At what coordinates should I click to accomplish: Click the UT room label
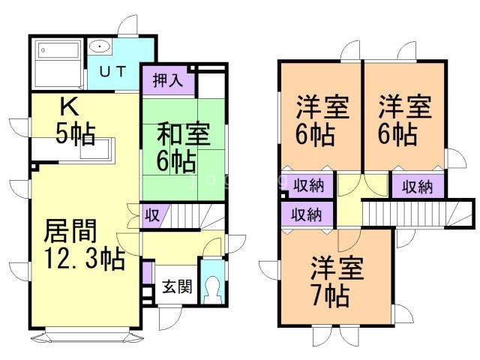point(112,72)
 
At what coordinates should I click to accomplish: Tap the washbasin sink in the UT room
point(100,46)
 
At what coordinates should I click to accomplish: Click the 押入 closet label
point(168,81)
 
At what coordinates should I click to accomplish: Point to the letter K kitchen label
point(70,107)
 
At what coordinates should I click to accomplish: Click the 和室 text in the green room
point(183,133)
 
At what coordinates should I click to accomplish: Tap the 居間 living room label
point(70,231)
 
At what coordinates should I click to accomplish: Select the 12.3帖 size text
point(85,258)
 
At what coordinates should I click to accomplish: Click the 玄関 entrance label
point(177,286)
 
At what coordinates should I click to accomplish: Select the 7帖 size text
point(331,295)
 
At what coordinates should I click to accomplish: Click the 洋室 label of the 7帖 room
point(337,268)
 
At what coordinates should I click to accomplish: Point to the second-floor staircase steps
point(407,214)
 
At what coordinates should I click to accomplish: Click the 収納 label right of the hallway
point(418,187)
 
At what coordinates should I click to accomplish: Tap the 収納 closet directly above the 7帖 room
point(307,214)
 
